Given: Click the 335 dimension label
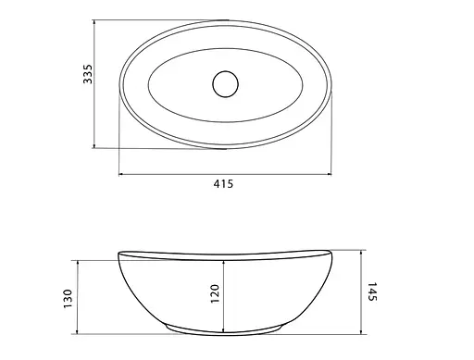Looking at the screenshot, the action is click(88, 74).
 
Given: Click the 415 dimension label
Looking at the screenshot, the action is click(223, 184).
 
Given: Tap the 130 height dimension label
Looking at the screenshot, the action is click(68, 298).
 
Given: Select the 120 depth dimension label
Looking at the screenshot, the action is click(215, 293).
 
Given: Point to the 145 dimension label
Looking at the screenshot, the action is click(372, 292).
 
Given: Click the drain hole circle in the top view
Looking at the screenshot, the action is click(226, 84).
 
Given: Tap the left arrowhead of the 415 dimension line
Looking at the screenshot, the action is click(121, 174).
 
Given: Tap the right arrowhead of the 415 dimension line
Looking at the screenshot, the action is click(329, 174).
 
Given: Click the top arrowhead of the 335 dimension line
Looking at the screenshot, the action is click(94, 23).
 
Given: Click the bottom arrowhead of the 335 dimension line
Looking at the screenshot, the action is click(94, 145).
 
